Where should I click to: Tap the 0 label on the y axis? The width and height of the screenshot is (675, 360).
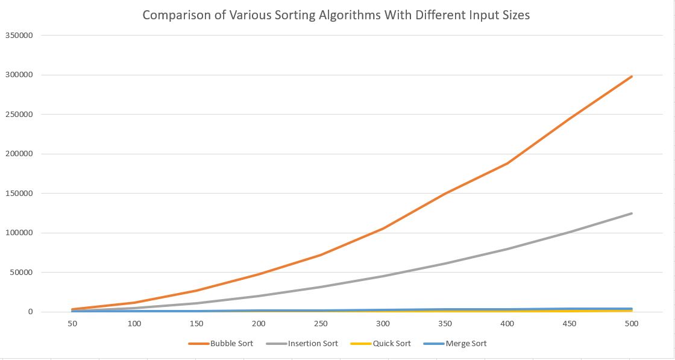point(31,312)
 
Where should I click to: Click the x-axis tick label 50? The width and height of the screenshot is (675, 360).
point(72,323)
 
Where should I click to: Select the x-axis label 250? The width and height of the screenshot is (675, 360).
point(321,323)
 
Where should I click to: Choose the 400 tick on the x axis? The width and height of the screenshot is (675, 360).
point(507,323)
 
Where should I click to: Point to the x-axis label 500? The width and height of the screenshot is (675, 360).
point(632,323)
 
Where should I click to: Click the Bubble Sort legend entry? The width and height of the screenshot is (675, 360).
point(221,344)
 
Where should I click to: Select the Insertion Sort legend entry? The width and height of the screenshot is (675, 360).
point(302,344)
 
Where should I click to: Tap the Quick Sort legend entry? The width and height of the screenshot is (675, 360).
point(380,344)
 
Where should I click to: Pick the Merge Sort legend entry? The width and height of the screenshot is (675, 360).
point(455,344)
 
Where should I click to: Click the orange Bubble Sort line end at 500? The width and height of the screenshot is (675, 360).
point(632,77)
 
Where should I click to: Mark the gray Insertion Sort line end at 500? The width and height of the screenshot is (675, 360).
point(632,213)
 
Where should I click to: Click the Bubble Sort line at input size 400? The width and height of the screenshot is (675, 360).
point(507,163)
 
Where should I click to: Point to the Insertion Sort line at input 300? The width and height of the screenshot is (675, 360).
point(383,276)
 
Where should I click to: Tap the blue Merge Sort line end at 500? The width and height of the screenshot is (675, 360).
point(632,309)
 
